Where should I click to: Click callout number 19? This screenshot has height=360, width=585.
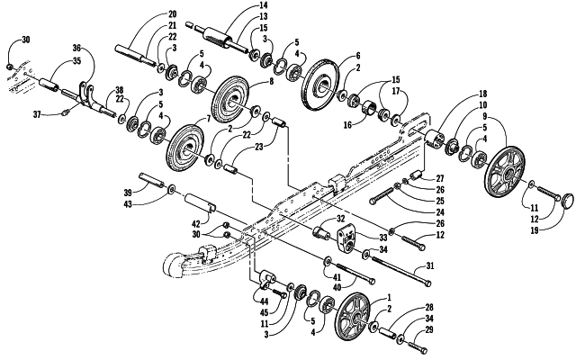point(535,230)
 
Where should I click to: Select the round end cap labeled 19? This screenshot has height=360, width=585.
point(570,199)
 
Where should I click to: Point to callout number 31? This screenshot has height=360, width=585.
point(430,266)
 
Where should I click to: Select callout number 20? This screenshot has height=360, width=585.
point(172,14)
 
